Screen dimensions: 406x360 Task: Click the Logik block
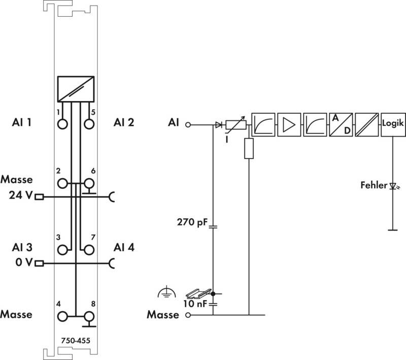tap(393, 124)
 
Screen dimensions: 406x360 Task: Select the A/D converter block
tap(341, 124)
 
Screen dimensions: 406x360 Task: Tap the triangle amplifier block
tap(289, 124)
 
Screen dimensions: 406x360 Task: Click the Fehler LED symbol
tap(394, 186)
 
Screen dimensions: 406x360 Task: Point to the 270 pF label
tap(192, 222)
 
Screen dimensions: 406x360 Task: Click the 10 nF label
tap(195, 304)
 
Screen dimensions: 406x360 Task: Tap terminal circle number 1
tap(62, 124)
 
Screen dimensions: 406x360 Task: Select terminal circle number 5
tap(89, 124)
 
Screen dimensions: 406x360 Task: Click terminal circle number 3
tap(62, 250)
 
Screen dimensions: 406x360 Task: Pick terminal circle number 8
tap(89, 316)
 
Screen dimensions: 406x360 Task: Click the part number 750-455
tap(76, 341)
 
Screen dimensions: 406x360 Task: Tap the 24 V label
tap(21, 195)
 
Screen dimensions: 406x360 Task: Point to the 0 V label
tap(24, 262)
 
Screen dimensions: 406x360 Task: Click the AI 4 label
tap(124, 247)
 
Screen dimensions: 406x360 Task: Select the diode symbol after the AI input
tap(219, 125)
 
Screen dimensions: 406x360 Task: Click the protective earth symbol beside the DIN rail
tap(167, 292)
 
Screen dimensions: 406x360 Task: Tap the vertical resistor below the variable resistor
tap(249, 148)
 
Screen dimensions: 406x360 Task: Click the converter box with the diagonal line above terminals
tap(76, 89)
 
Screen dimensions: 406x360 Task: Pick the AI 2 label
tap(124, 122)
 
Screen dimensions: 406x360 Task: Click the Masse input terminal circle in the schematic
tap(188, 315)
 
